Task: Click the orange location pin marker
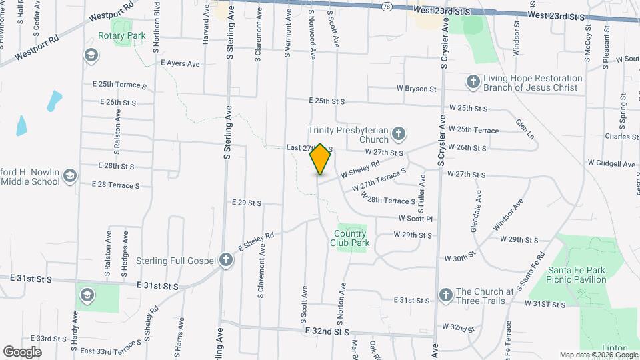(320, 159)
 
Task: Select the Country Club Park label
(350, 238)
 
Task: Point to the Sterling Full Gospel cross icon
(226, 260)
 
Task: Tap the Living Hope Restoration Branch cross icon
(473, 82)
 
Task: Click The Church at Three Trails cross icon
(446, 294)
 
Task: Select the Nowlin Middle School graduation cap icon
(70, 176)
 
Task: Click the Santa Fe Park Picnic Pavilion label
(577, 275)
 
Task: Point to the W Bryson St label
(416, 88)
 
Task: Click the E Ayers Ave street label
(180, 64)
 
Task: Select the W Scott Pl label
(416, 218)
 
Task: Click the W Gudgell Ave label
(611, 163)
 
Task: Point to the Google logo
(22, 351)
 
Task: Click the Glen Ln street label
(525, 129)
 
